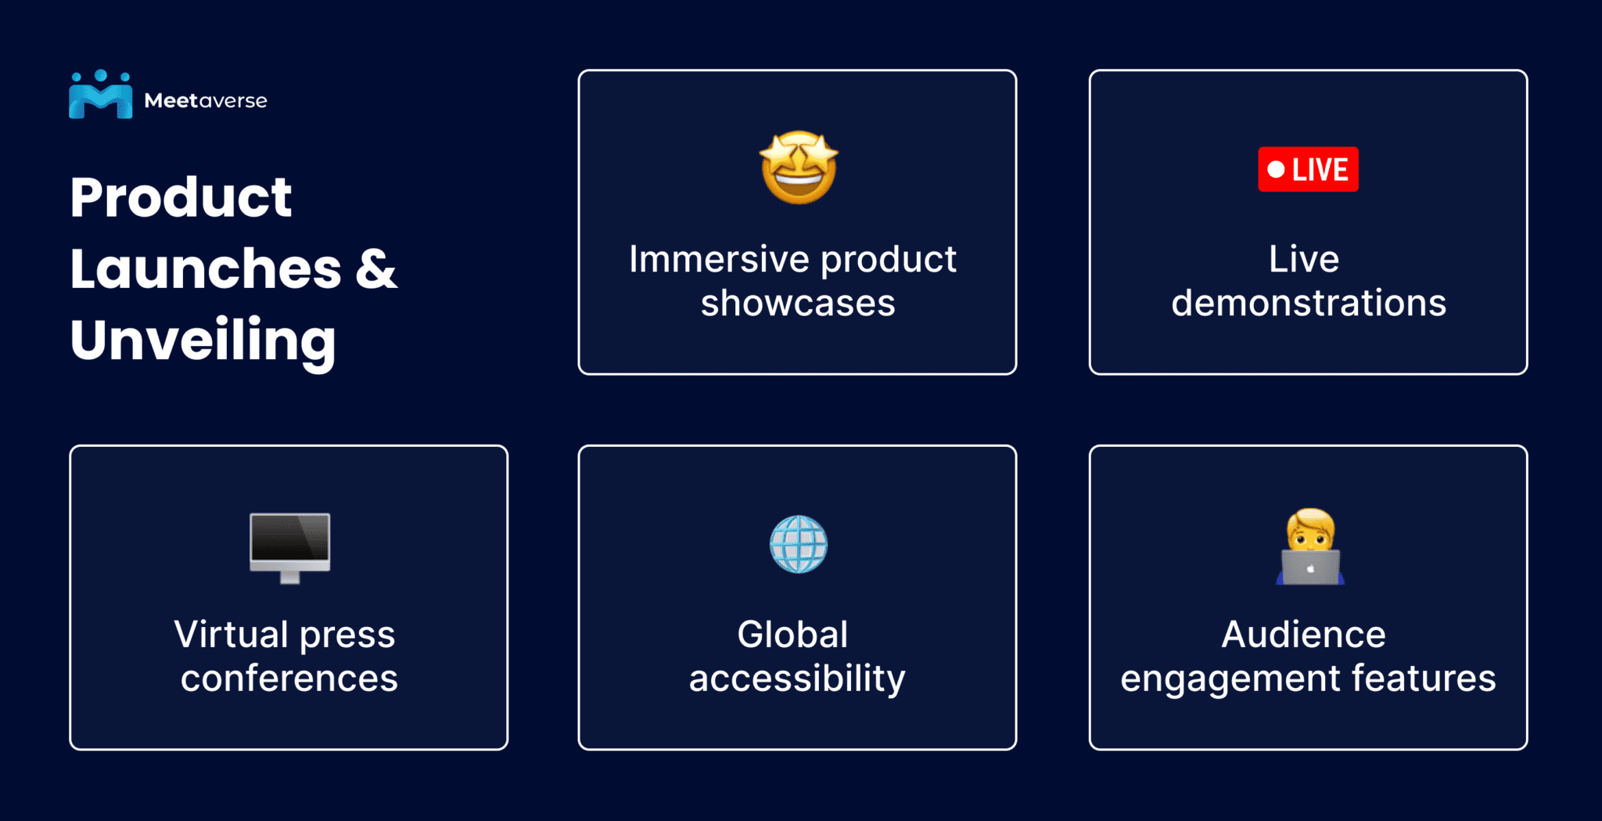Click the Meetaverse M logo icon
pyautogui.click(x=100, y=96)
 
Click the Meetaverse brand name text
pyautogui.click(x=205, y=101)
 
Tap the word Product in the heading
pyautogui.click(x=181, y=197)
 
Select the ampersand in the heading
pyautogui.click(x=376, y=268)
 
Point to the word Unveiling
pyautogui.click(x=203, y=340)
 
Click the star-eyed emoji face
pyautogui.click(x=799, y=167)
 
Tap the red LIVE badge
pyautogui.click(x=1308, y=169)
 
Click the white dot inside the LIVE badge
pyautogui.click(x=1276, y=170)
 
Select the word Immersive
pyautogui.click(x=718, y=259)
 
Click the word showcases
pyautogui.click(x=797, y=303)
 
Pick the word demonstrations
pyautogui.click(x=1308, y=303)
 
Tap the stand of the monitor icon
pyautogui.click(x=289, y=578)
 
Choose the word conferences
pyautogui.click(x=289, y=679)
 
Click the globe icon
pyautogui.click(x=798, y=544)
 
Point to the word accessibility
pyautogui.click(x=796, y=679)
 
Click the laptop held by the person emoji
pyautogui.click(x=1310, y=567)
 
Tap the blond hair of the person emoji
pyautogui.click(x=1311, y=517)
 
